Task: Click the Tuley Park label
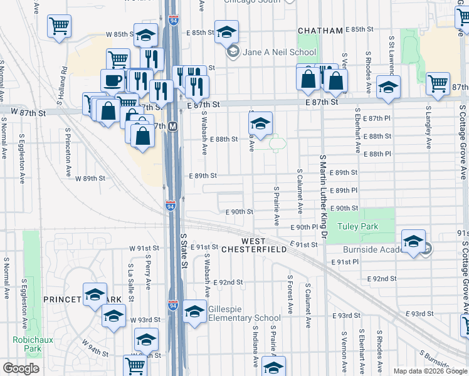pos(356,226)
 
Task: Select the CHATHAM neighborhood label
pos(320,30)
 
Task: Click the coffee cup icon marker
pos(113,81)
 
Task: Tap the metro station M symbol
pos(172,126)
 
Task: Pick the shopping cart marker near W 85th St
pos(60,26)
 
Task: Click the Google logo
pos(21,368)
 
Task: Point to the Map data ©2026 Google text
pos(429,371)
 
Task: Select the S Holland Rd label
pos(64,80)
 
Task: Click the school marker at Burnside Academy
pos(413,241)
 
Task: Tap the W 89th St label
pos(90,179)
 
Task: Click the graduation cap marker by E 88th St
pos(260,123)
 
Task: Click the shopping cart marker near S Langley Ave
pos(438,83)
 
